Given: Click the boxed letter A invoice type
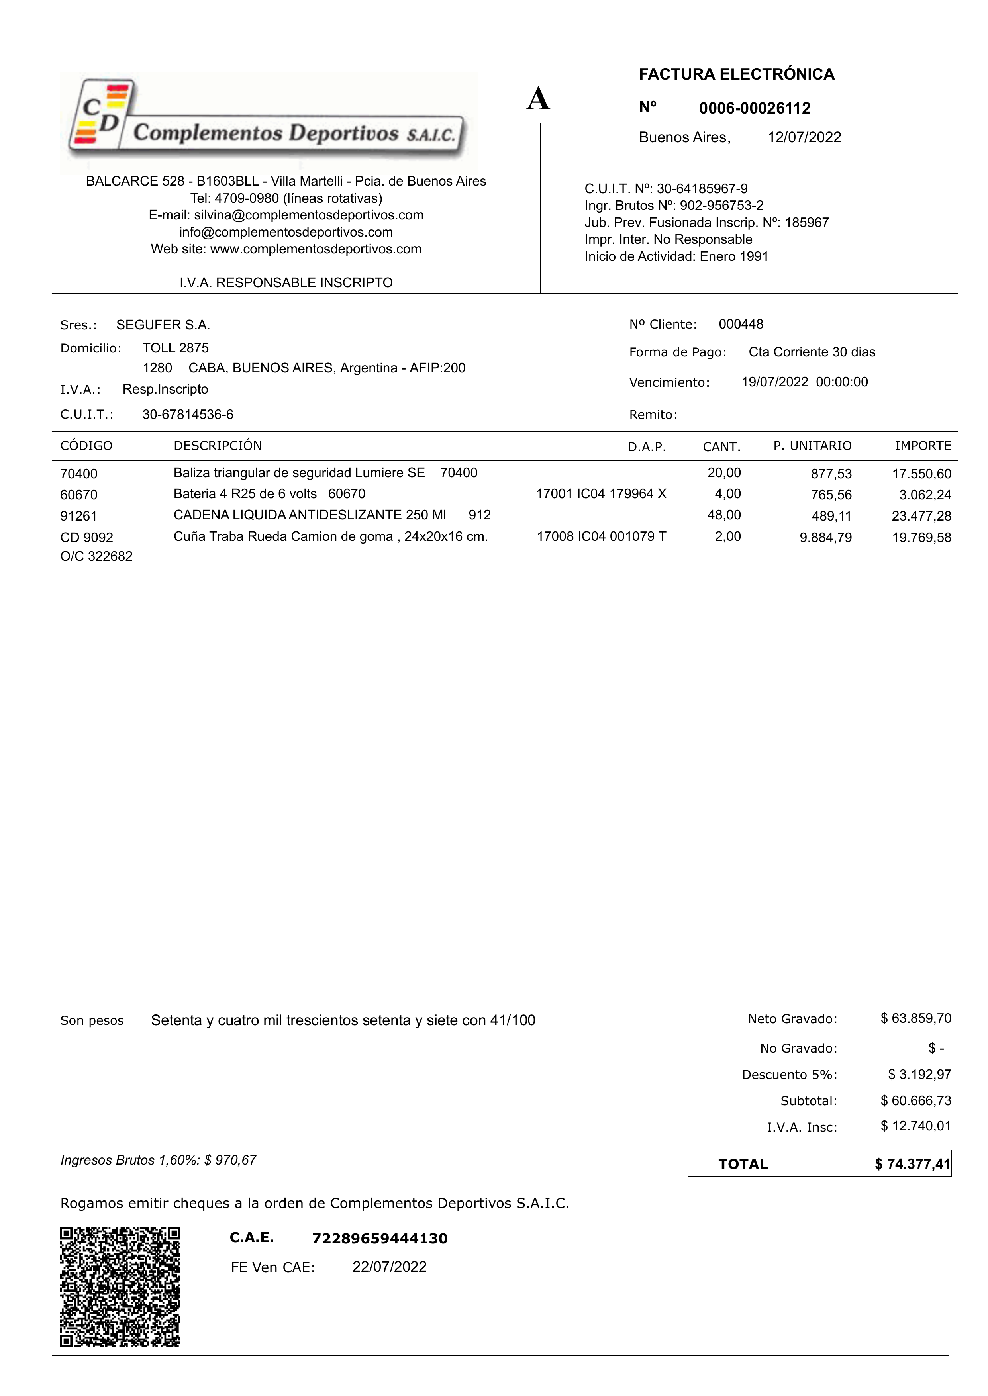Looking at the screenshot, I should click(538, 98).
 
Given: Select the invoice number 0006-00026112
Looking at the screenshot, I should click(755, 108).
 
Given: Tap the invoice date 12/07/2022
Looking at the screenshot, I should click(804, 137).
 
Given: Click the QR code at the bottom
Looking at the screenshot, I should click(120, 1286).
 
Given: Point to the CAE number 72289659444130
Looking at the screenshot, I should click(380, 1238).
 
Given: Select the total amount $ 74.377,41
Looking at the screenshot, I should click(912, 1164).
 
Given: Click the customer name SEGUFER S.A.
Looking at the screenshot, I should click(163, 325).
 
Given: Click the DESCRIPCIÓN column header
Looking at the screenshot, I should click(217, 446).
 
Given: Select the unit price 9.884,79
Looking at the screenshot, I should click(825, 537).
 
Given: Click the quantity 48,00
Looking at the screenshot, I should click(724, 515).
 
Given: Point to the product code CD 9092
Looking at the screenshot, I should click(86, 537).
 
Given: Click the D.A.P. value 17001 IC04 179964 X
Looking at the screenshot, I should click(601, 494).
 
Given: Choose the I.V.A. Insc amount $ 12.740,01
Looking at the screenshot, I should click(915, 1126).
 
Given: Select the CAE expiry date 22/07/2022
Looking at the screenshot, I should click(389, 1267).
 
